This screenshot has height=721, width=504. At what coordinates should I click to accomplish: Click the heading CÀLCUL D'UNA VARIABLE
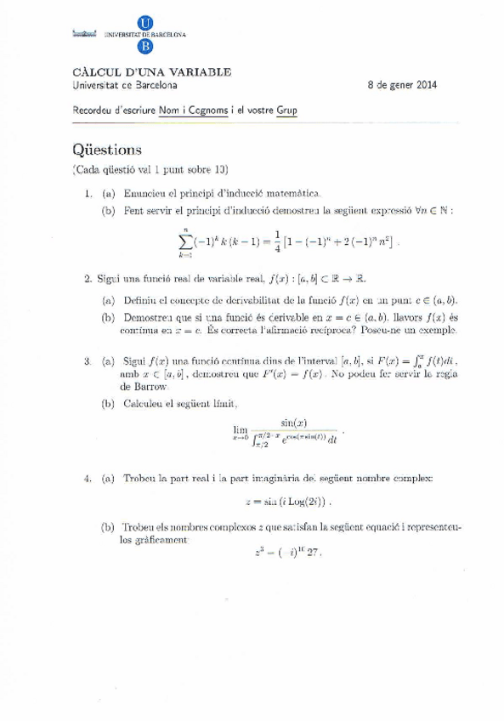[x=152, y=73]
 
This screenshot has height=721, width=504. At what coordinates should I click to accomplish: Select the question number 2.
[x=88, y=278]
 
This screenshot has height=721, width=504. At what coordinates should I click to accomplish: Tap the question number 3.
[x=88, y=360]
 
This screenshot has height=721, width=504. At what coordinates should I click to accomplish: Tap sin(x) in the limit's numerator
[x=293, y=423]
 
